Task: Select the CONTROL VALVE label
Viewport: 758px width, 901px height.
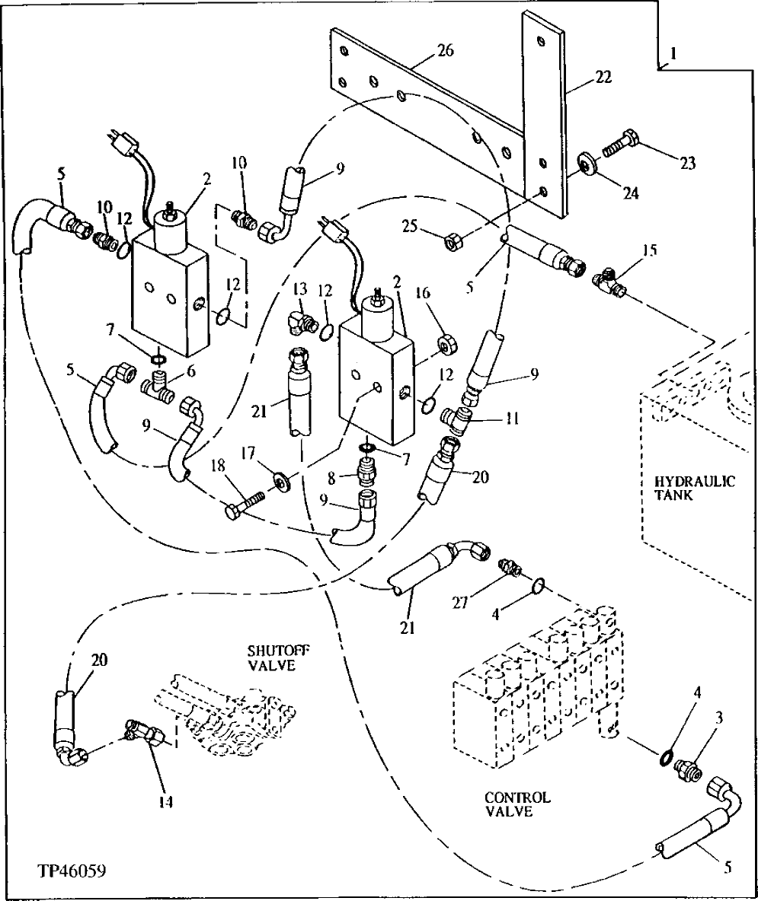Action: pyautogui.click(x=517, y=804)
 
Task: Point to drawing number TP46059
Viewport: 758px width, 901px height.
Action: pyautogui.click(x=70, y=869)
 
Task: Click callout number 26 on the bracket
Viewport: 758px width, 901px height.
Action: pyautogui.click(x=444, y=51)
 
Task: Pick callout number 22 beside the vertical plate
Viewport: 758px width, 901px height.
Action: pyautogui.click(x=603, y=78)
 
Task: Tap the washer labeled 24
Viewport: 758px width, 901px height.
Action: pyautogui.click(x=587, y=163)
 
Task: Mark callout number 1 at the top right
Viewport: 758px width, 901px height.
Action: pyautogui.click(x=673, y=55)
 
